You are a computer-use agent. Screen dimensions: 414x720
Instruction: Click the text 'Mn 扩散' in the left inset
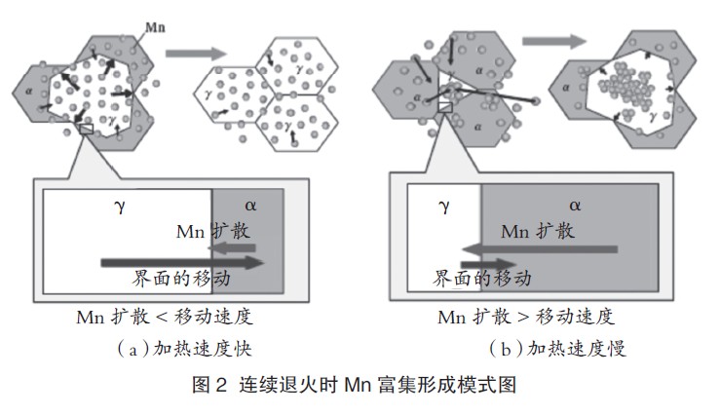[212, 232]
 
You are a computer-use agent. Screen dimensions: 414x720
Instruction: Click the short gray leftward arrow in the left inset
[236, 248]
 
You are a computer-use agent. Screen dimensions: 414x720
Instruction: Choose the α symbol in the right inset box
[575, 206]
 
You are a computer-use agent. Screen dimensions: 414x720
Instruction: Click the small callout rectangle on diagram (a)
[86, 128]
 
